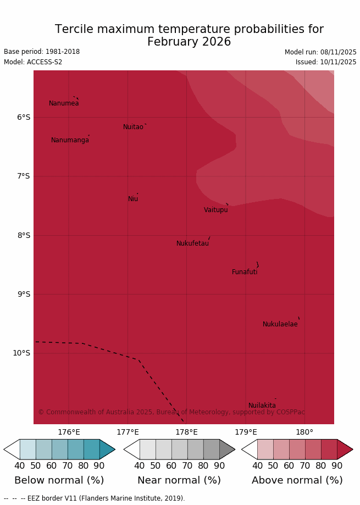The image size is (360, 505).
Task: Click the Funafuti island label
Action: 245,272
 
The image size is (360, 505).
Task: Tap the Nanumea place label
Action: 64,103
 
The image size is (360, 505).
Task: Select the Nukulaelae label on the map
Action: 280,324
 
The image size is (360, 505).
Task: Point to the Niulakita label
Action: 262,406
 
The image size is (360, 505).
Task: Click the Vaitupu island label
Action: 215,210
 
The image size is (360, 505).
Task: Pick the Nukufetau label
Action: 192,243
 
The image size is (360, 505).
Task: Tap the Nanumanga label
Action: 70,140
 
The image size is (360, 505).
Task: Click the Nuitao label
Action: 133,127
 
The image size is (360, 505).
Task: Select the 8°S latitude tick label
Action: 23,235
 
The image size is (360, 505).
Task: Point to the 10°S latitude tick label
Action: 21,353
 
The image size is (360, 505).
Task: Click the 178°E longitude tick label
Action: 186,432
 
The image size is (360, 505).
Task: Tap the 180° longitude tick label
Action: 304,432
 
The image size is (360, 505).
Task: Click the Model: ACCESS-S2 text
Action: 33,62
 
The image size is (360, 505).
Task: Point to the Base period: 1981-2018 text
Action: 42,52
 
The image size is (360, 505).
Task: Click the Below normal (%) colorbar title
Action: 59,480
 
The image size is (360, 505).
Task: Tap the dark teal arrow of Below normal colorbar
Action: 107,449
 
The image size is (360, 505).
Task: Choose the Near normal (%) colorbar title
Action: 179,480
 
